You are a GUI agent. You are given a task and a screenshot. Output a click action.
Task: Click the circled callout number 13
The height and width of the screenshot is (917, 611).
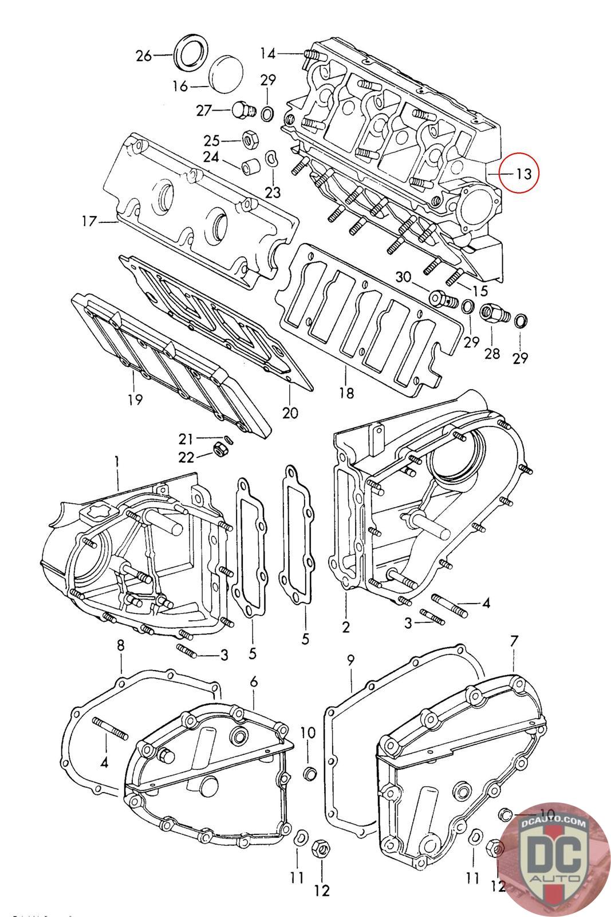point(524,173)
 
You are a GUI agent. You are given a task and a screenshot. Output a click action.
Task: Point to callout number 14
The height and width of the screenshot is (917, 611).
point(268,54)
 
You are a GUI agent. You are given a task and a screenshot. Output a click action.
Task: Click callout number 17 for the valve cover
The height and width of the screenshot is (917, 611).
point(89,221)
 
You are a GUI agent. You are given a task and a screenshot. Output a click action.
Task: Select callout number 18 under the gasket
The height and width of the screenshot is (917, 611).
point(346,393)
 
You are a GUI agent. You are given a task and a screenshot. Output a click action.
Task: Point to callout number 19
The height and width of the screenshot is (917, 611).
point(135,399)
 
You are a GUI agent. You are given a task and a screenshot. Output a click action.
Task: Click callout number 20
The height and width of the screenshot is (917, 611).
point(290,412)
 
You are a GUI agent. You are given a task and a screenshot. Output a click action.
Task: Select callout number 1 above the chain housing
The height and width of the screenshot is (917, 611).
point(117,461)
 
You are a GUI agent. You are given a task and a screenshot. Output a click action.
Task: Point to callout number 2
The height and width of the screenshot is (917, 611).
point(346,627)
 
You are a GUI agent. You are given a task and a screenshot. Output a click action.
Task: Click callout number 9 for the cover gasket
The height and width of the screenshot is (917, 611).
point(351,660)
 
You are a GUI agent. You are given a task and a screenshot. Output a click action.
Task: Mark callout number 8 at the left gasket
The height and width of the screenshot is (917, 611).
point(121,645)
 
